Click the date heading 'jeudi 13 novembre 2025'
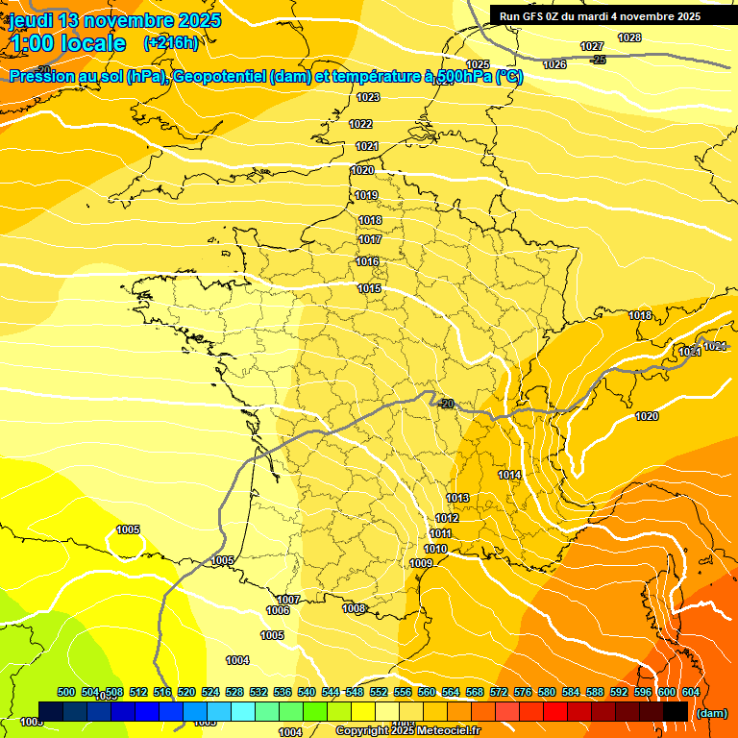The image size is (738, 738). click(114, 20)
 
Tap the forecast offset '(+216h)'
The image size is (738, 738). click(170, 42)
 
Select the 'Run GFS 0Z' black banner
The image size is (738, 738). click(599, 16)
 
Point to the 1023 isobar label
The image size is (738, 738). click(368, 98)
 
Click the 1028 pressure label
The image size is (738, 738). click(629, 37)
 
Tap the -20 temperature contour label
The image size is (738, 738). click(445, 405)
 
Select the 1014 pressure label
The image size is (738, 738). click(509, 476)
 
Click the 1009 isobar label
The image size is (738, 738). click(421, 563)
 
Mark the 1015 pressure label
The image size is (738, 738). click(369, 289)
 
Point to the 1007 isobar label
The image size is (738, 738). click(288, 600)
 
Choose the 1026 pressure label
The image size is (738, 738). click(554, 64)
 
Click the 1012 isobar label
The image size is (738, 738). click(447, 519)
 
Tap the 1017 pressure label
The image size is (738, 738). click(370, 240)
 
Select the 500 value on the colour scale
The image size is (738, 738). click(66, 692)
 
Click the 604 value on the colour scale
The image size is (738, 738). click(690, 692)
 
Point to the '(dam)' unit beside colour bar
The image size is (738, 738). click(711, 713)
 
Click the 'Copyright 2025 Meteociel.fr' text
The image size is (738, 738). click(407, 730)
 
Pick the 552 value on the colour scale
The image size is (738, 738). click(379, 692)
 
